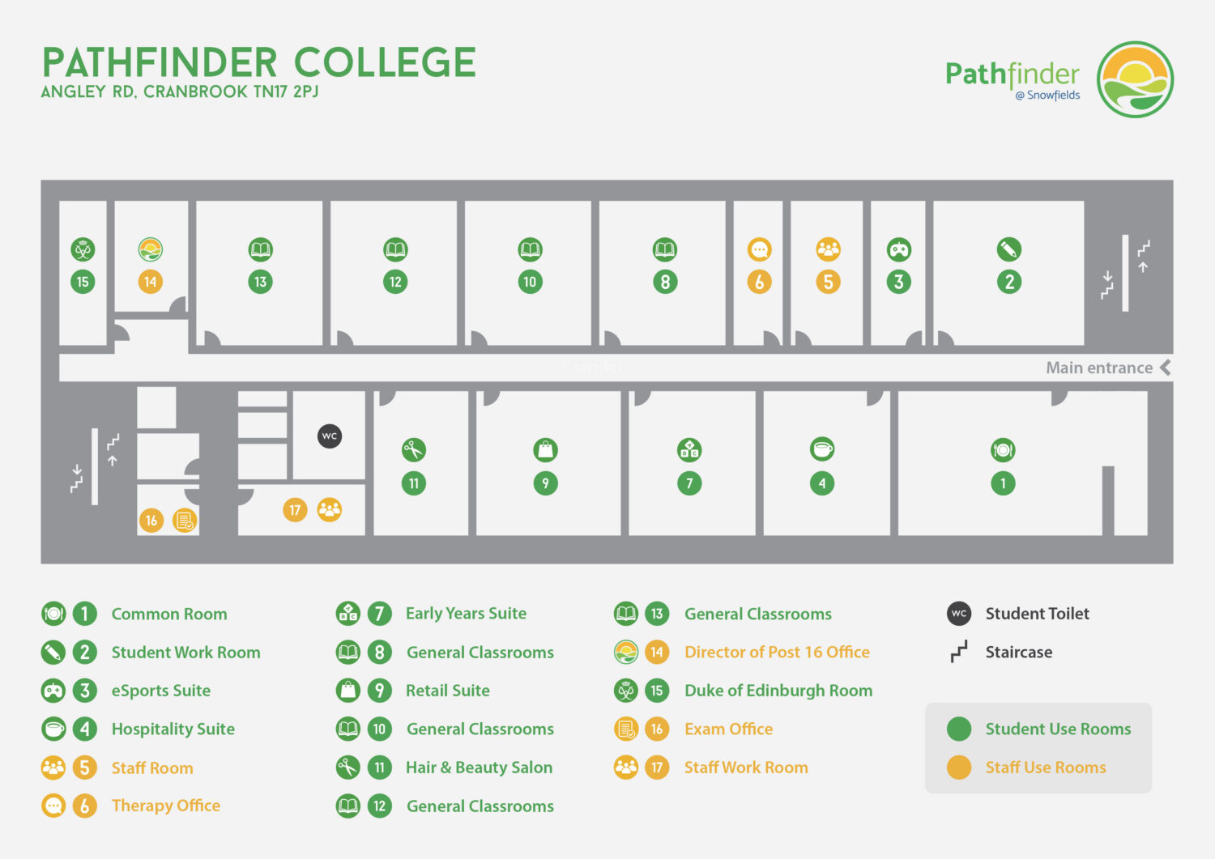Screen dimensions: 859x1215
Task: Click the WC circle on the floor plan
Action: tap(329, 436)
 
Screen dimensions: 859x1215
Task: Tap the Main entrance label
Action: tap(1099, 368)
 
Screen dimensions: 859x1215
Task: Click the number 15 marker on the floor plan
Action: tap(83, 282)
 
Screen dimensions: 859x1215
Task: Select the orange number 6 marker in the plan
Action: tap(759, 282)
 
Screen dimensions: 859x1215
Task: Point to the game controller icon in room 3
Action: tap(898, 249)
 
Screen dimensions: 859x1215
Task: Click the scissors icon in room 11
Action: tap(413, 449)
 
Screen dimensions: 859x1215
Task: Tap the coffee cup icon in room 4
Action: tap(822, 449)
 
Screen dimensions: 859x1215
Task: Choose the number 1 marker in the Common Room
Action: tap(1003, 483)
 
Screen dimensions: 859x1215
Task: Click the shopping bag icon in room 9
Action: tap(545, 449)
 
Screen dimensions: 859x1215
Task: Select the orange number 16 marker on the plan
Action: tap(151, 521)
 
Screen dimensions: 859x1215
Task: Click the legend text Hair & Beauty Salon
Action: tap(479, 768)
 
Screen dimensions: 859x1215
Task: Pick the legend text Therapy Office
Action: tap(166, 806)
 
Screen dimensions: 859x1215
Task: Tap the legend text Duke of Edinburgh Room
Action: tap(778, 691)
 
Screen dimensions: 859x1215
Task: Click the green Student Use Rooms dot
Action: tap(959, 729)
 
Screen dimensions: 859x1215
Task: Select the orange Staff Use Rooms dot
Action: tap(959, 768)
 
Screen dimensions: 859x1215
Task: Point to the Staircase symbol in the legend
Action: tap(959, 652)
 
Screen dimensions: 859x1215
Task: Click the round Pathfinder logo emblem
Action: tap(1135, 79)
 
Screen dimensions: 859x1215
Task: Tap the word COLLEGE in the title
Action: tap(385, 63)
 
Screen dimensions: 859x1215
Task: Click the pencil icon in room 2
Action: tap(1009, 249)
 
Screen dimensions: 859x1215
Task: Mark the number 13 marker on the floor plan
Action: tap(260, 282)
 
